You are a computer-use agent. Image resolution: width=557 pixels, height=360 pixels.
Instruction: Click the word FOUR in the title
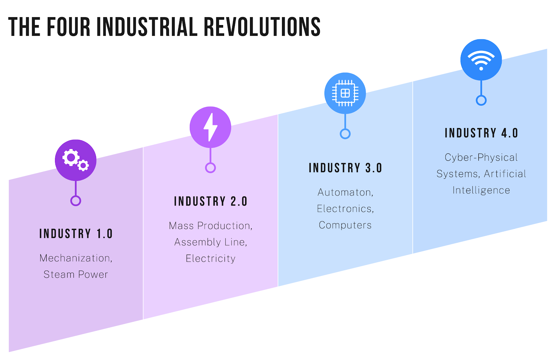pyautogui.click(x=69, y=27)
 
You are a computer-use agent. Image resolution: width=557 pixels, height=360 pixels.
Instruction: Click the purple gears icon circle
pyautogui.click(x=76, y=160)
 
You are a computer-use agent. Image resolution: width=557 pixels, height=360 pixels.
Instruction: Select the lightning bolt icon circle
pyautogui.click(x=210, y=127)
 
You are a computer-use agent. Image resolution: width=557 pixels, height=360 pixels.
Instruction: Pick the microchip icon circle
pyautogui.click(x=345, y=93)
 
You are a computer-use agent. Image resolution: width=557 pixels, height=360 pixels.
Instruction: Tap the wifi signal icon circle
pyautogui.click(x=481, y=59)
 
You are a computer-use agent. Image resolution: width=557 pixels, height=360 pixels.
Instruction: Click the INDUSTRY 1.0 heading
pyautogui.click(x=76, y=234)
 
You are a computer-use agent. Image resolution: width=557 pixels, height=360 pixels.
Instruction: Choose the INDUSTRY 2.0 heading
pyautogui.click(x=211, y=201)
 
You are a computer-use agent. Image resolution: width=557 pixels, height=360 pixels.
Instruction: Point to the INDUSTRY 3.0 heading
pyautogui.click(x=345, y=168)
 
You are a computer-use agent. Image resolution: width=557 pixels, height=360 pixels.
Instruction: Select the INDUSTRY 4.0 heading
pyautogui.click(x=481, y=133)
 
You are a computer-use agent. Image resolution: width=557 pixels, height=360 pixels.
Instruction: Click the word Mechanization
pyautogui.click(x=74, y=258)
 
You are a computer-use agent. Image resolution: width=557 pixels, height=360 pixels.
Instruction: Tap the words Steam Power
pyautogui.click(x=76, y=274)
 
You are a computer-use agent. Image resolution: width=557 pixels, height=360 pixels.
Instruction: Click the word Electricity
pyautogui.click(x=211, y=259)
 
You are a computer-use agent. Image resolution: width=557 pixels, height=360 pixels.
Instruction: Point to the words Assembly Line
pyautogui.click(x=210, y=242)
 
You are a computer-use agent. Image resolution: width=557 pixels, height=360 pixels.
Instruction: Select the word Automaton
pyautogui.click(x=344, y=192)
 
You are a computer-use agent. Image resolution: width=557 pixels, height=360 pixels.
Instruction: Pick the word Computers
pyautogui.click(x=345, y=225)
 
